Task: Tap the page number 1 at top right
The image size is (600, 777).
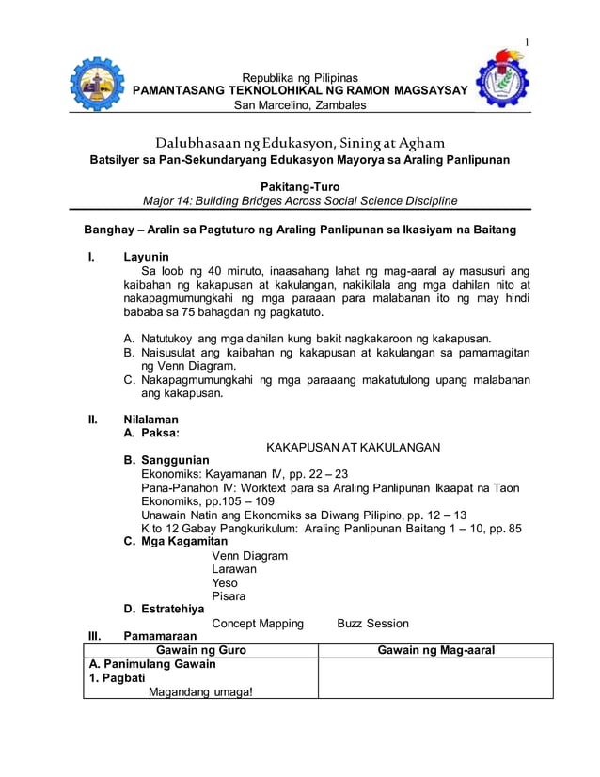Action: pos(528,41)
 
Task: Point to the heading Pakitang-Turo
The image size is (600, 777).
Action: pos(300,187)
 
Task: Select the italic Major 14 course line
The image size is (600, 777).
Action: pos(300,201)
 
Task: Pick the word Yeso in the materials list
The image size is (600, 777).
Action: pos(225,582)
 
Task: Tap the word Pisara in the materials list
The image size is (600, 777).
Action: pos(229,596)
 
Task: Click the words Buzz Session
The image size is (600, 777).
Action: pos(372,623)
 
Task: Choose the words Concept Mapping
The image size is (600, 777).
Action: pos(258,623)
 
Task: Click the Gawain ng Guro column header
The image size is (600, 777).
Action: pos(200,650)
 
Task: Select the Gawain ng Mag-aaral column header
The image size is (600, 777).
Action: pos(435,650)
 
